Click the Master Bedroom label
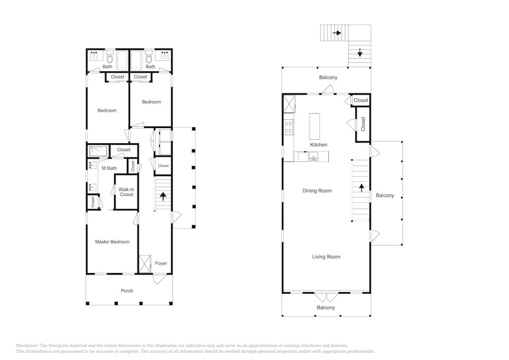click(112, 242)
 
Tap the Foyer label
click(161, 263)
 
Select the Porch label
click(127, 291)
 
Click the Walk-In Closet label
click(126, 192)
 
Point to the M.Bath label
click(109, 168)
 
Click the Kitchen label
click(319, 145)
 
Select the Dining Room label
click(317, 191)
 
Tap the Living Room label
click(326, 257)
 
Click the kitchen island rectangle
click(314, 126)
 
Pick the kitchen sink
click(313, 157)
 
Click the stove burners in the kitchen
click(288, 127)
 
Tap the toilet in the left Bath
click(110, 57)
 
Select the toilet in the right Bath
click(149, 57)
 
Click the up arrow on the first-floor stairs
click(163, 196)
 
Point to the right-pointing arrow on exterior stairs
click(337, 33)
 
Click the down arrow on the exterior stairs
click(360, 52)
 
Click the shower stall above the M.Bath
click(98, 151)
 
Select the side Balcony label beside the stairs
click(385, 196)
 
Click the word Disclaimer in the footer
click(27, 346)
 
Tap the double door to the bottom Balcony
click(326, 297)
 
